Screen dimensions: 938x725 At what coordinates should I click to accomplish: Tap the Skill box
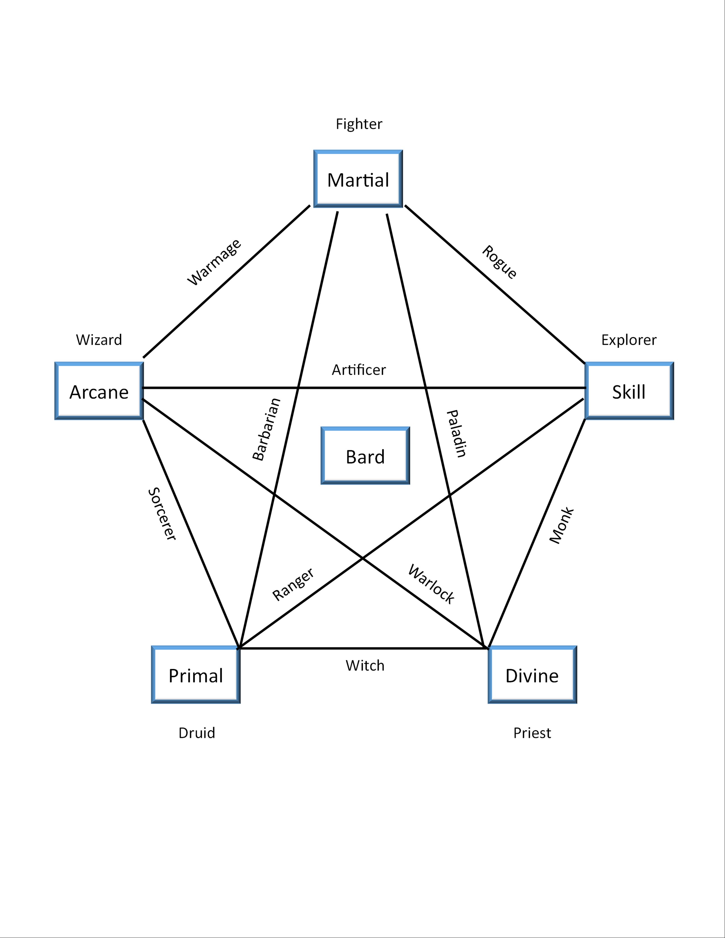(x=629, y=391)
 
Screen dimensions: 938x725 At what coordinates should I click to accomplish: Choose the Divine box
(x=532, y=675)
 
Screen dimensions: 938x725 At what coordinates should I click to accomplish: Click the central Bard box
(x=365, y=456)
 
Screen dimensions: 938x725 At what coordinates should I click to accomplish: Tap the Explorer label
(x=629, y=340)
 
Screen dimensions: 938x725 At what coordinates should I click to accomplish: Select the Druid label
(x=197, y=733)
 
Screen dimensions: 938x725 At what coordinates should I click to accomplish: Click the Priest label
(x=532, y=733)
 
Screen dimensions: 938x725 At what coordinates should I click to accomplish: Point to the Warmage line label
(x=214, y=262)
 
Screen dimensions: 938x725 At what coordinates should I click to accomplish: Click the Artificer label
(x=359, y=370)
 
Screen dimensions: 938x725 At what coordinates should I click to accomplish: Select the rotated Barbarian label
(x=266, y=429)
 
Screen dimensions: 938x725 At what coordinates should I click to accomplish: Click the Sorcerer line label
(x=162, y=514)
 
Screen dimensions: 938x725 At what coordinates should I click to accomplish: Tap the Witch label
(x=365, y=666)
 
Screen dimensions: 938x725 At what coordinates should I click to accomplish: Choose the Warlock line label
(x=431, y=584)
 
